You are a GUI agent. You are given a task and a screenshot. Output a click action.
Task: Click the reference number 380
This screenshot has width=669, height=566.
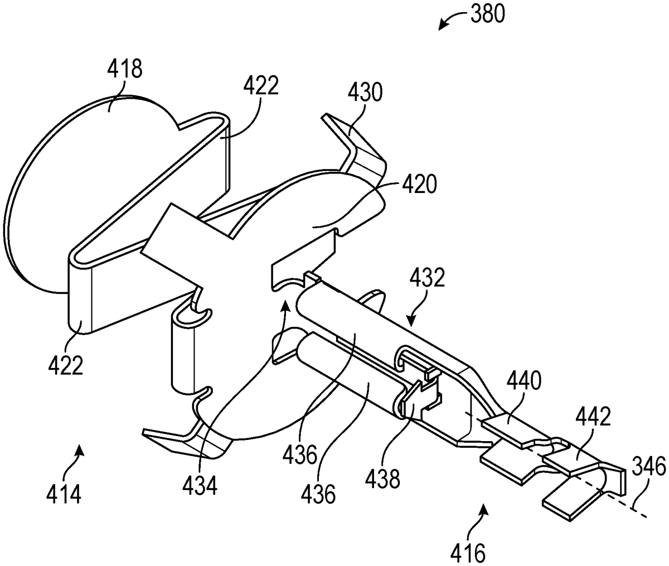coord(487,14)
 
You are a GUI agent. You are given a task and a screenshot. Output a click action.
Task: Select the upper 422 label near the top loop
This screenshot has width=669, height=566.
coord(261,85)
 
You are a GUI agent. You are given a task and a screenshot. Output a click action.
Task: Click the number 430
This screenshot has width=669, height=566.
coord(365,92)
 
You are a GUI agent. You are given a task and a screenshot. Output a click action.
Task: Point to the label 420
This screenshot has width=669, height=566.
coord(419,185)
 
